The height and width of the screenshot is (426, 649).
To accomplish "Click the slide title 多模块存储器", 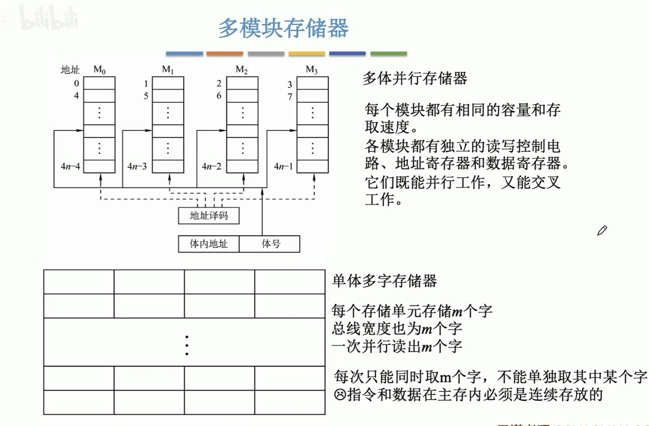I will click(x=283, y=28).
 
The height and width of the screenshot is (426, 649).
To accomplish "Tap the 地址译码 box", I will click(x=209, y=216).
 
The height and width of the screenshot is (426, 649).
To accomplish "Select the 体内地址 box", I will click(x=209, y=244).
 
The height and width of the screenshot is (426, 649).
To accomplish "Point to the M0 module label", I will click(x=99, y=70).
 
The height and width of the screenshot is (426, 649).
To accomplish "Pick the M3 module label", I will click(x=311, y=70).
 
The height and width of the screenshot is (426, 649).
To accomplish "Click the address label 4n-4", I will click(x=70, y=167).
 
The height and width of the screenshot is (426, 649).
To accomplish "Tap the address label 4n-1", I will click(x=283, y=167).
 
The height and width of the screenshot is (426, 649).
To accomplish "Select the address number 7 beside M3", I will click(x=290, y=97).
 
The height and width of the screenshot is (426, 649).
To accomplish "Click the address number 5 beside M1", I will click(x=146, y=96).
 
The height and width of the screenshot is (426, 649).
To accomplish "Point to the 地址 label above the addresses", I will click(x=70, y=70).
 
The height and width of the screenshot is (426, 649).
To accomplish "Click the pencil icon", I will click(x=602, y=231).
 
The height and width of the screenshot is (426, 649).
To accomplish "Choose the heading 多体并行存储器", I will click(x=415, y=78).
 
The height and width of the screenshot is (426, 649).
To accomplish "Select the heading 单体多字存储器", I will click(x=384, y=281).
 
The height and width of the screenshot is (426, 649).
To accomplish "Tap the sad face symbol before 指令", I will click(x=340, y=394).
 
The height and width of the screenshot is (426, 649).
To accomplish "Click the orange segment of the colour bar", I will click(x=225, y=53).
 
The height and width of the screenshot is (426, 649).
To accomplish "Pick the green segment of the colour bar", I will click(x=389, y=53).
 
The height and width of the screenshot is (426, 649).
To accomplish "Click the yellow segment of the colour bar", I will click(x=306, y=53).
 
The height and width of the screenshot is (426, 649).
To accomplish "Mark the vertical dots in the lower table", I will click(x=187, y=345).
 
